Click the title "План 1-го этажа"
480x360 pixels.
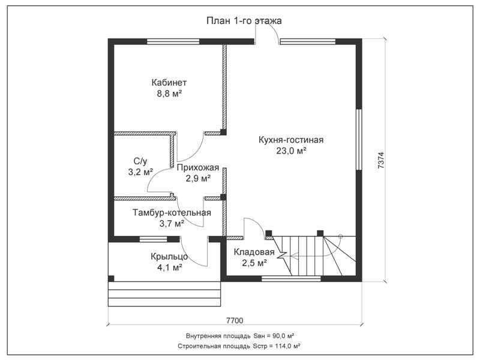click(x=244, y=21)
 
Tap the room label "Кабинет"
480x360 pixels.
click(x=169, y=83)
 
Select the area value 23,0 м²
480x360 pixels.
click(x=292, y=151)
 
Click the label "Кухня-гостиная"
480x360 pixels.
click(x=291, y=140)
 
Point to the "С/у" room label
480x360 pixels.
click(x=140, y=161)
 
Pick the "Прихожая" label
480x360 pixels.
click(x=198, y=167)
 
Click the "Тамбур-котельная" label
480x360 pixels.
click(x=172, y=212)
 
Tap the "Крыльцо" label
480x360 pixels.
click(x=169, y=257)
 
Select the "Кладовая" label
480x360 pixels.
click(x=254, y=252)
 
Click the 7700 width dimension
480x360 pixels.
click(x=235, y=320)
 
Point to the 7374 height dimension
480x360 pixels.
click(x=381, y=161)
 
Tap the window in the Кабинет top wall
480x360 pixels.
click(x=173, y=41)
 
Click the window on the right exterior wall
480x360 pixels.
click(x=359, y=139)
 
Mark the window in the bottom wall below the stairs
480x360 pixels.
click(x=291, y=278)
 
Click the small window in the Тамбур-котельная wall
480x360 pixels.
click(x=154, y=239)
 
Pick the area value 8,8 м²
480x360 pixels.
click(x=170, y=94)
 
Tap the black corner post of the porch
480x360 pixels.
click(x=111, y=278)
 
